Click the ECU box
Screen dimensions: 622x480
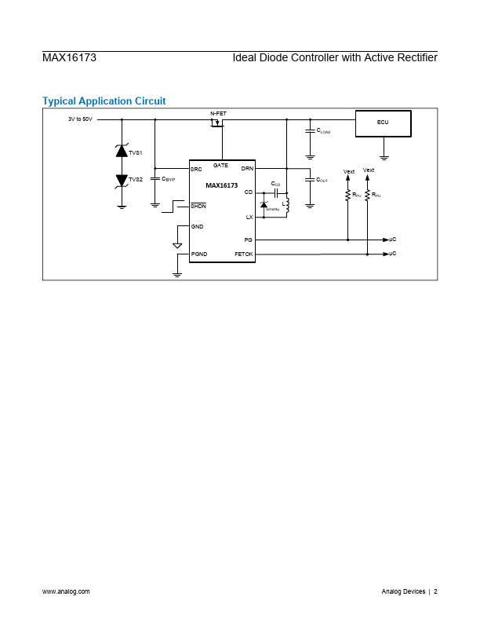(x=383, y=123)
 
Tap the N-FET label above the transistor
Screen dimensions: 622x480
(x=218, y=114)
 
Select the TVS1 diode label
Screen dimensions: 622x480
(x=136, y=152)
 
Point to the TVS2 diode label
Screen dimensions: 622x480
(x=136, y=180)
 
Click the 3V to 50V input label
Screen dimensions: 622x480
(x=80, y=119)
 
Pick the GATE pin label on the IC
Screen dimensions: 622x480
(x=220, y=166)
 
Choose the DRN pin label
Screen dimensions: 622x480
(x=247, y=169)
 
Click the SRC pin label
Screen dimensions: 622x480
(x=196, y=169)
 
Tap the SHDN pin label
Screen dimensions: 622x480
(x=198, y=206)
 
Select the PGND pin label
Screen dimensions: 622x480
(x=199, y=254)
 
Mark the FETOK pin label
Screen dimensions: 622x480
(x=243, y=254)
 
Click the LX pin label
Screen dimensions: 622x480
(x=249, y=217)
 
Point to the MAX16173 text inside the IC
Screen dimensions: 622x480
(x=222, y=186)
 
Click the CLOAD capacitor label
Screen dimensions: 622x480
(x=323, y=131)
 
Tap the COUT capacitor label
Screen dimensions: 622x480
(x=322, y=180)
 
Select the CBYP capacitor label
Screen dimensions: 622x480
(x=168, y=180)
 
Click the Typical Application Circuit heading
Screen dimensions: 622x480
(x=104, y=101)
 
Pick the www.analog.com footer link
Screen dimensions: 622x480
(x=66, y=591)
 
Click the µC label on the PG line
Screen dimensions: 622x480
(x=393, y=239)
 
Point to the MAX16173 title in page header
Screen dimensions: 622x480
(x=69, y=58)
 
